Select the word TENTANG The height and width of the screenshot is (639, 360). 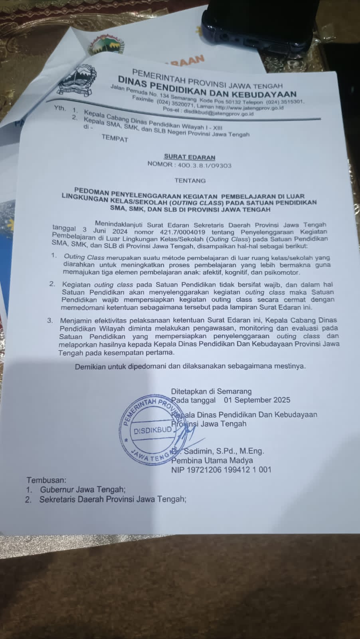[190, 181]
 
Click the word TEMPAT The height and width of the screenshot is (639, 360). [115, 139]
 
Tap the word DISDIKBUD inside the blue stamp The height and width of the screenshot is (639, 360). [153, 431]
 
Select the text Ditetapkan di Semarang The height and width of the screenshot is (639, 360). [212, 391]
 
